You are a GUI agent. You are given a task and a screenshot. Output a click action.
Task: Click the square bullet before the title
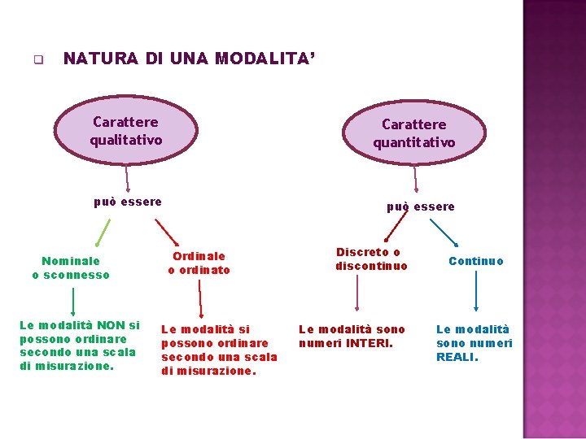37,59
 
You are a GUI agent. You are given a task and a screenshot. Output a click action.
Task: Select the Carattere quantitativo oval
414,133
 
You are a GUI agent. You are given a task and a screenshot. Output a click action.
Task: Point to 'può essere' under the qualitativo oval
128,202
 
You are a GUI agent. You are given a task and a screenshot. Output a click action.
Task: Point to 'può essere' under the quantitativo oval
421,206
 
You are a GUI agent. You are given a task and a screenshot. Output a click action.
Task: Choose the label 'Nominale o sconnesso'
71,267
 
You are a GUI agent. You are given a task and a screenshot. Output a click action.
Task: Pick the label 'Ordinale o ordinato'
199,263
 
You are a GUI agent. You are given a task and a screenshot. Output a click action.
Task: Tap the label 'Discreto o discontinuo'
371,259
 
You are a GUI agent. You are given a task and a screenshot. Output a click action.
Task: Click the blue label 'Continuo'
476,261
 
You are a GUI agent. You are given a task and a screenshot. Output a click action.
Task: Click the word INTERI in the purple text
368,343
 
